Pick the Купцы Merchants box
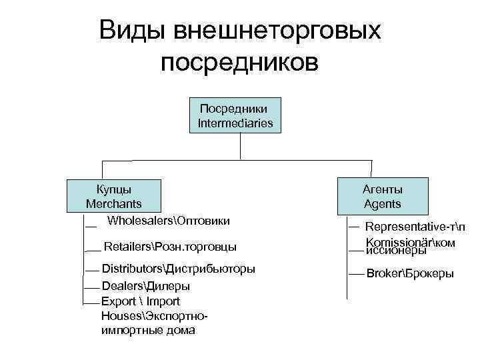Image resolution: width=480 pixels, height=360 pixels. (113, 195)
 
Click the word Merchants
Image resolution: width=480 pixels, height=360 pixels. (113, 203)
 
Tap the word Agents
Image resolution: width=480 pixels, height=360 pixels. (382, 203)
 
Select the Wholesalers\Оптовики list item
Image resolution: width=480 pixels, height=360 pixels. (169, 220)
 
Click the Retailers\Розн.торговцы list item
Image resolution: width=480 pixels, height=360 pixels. (170, 247)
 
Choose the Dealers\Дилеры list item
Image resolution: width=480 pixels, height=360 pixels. (145, 286)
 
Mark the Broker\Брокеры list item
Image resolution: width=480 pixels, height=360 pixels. (410, 273)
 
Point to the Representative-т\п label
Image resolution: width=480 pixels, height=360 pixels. (415, 227)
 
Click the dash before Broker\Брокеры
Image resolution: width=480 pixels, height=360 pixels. (357, 274)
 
